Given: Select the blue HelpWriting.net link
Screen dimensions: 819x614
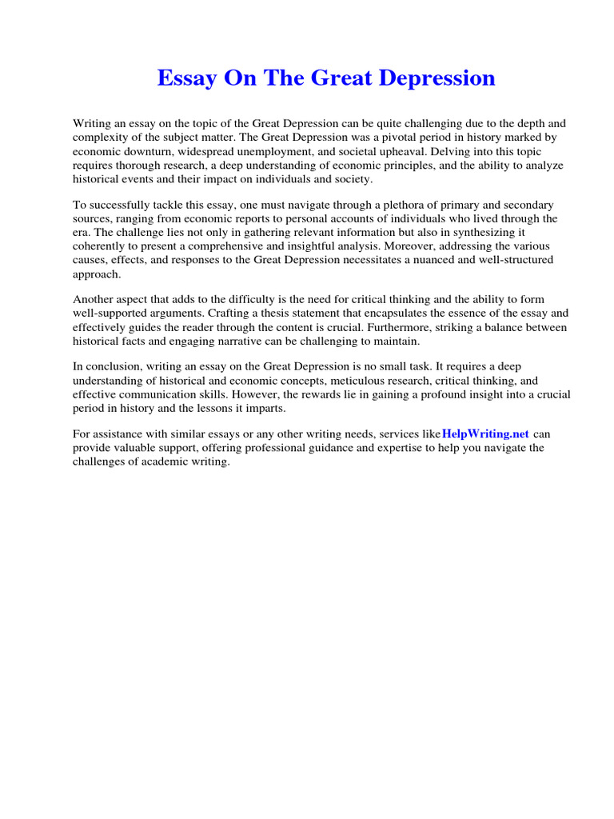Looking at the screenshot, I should (484, 433).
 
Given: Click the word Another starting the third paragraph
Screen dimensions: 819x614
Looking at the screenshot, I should (94, 300).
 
